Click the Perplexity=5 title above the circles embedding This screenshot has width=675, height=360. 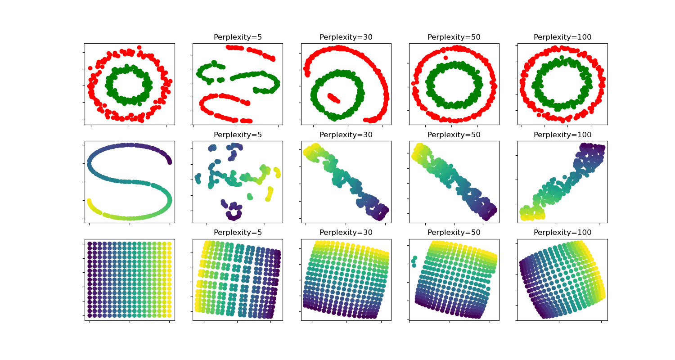[238, 37]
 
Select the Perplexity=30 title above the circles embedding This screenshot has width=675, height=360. [346, 37]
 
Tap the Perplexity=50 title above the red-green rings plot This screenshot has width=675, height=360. [454, 37]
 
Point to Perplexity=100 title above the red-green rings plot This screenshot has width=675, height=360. [562, 37]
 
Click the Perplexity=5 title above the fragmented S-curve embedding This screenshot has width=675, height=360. [238, 135]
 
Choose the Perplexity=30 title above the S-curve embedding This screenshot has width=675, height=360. [346, 135]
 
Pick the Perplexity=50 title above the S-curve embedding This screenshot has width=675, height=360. [454, 135]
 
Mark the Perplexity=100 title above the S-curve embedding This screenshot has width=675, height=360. [562, 135]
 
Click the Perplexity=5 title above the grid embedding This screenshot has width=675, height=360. [238, 233]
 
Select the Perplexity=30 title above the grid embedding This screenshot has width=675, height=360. [346, 233]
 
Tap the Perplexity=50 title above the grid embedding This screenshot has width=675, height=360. [454, 233]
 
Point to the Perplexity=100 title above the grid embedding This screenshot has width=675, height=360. [562, 233]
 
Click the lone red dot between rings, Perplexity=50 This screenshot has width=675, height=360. [445, 58]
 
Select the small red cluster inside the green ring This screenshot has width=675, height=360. [333, 98]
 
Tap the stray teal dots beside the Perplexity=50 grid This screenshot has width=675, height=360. [414, 261]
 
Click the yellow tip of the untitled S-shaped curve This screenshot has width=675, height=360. [90, 201]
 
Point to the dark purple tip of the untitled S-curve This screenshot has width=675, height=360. [170, 161]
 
